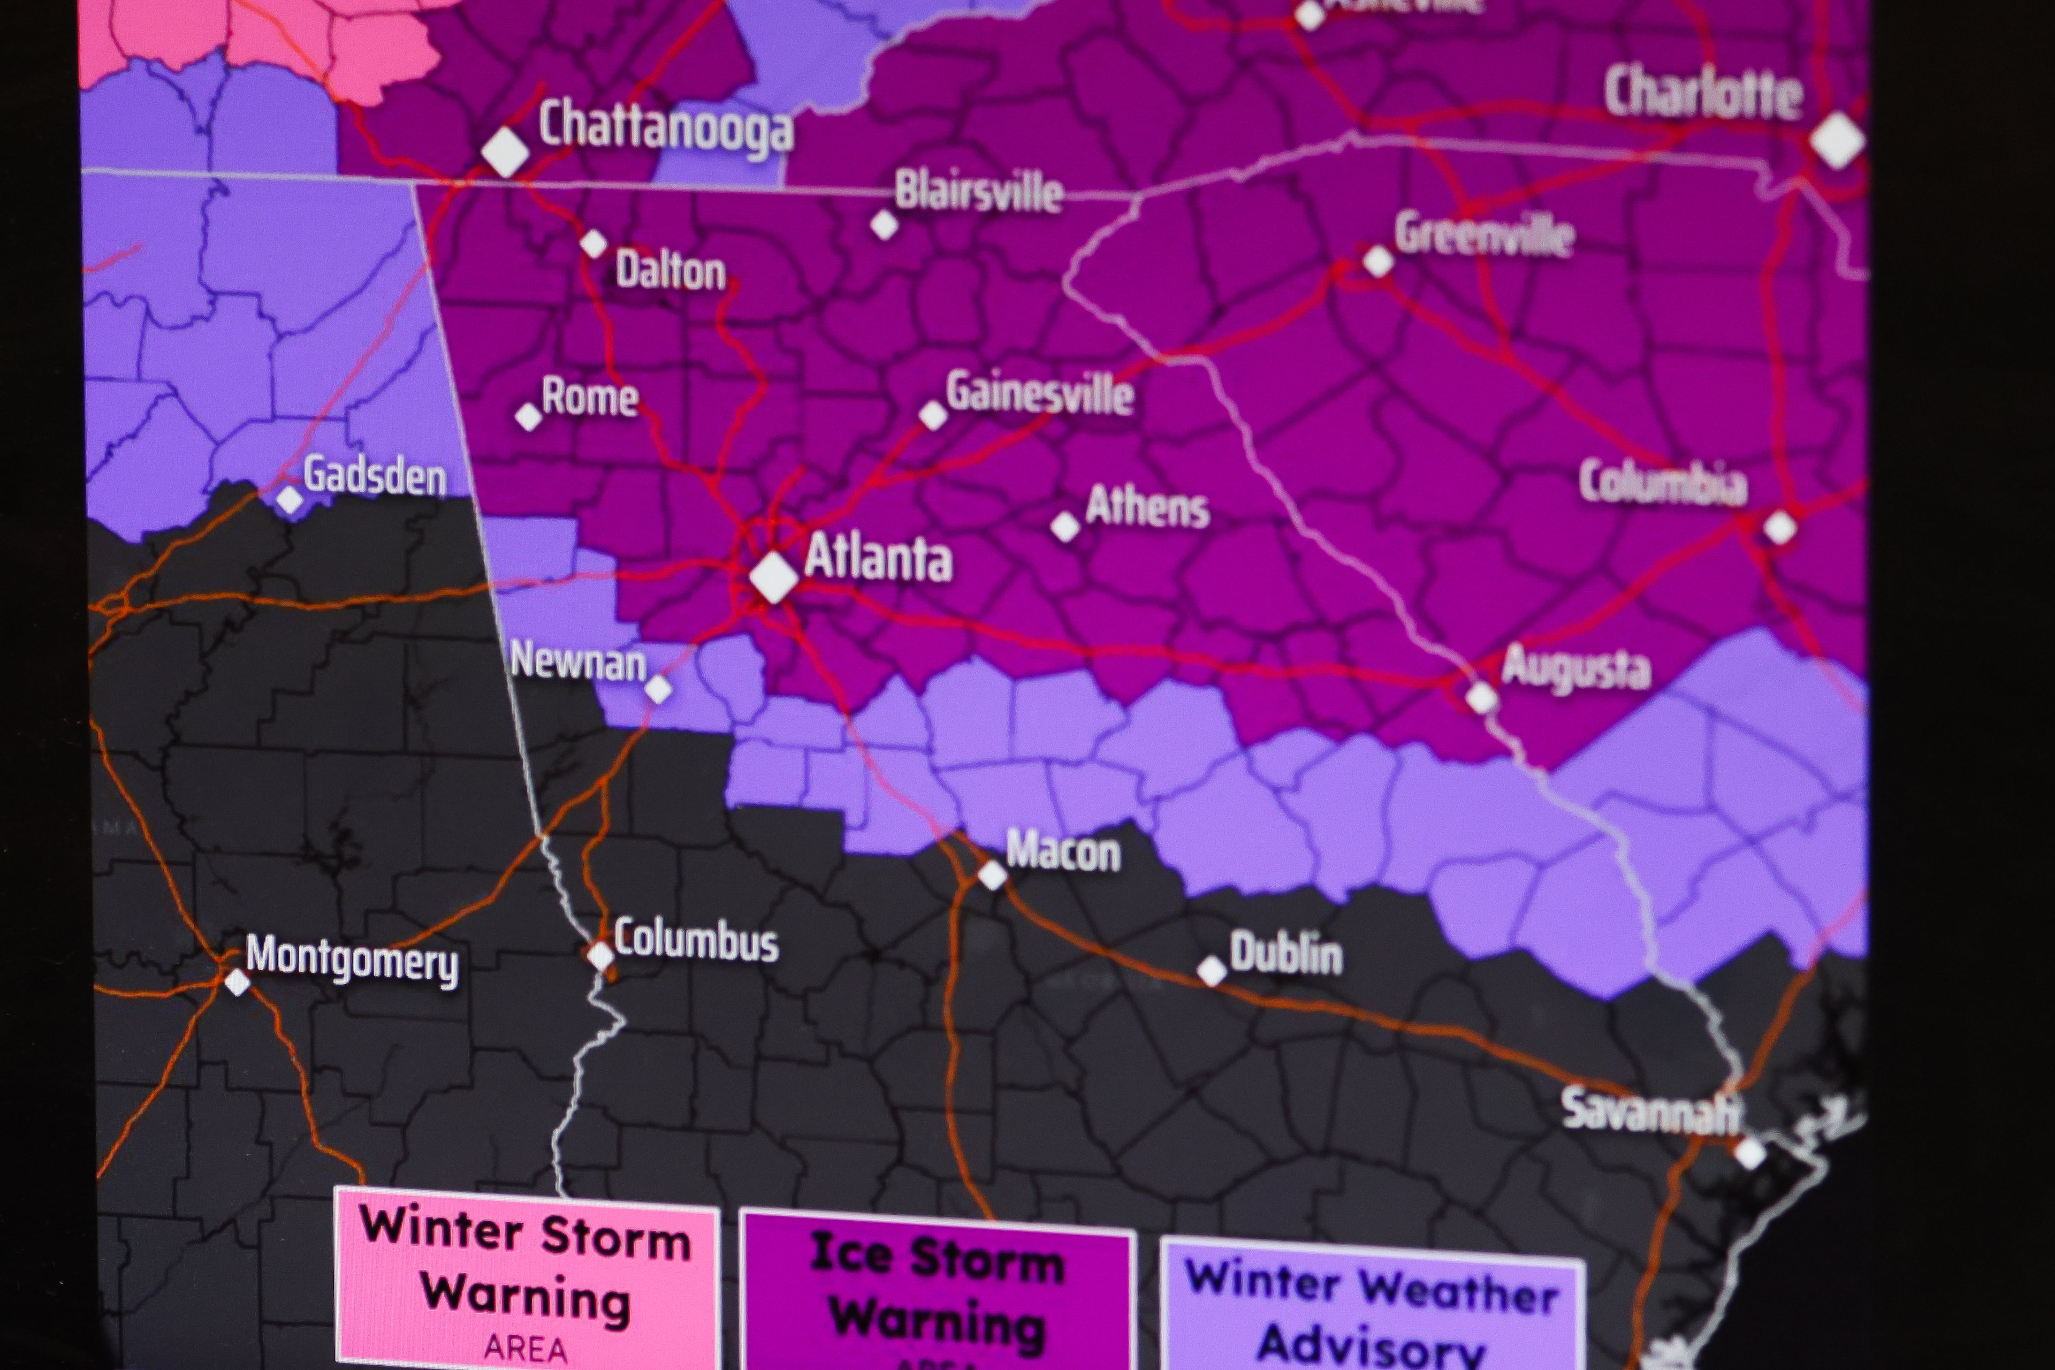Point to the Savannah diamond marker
(1749, 1152)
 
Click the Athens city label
(1147, 507)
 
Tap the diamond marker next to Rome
(529, 417)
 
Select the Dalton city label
(670, 271)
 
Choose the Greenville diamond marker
(1378, 261)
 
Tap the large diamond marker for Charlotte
(1837, 140)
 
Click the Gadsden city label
(375, 476)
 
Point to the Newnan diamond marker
(659, 689)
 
